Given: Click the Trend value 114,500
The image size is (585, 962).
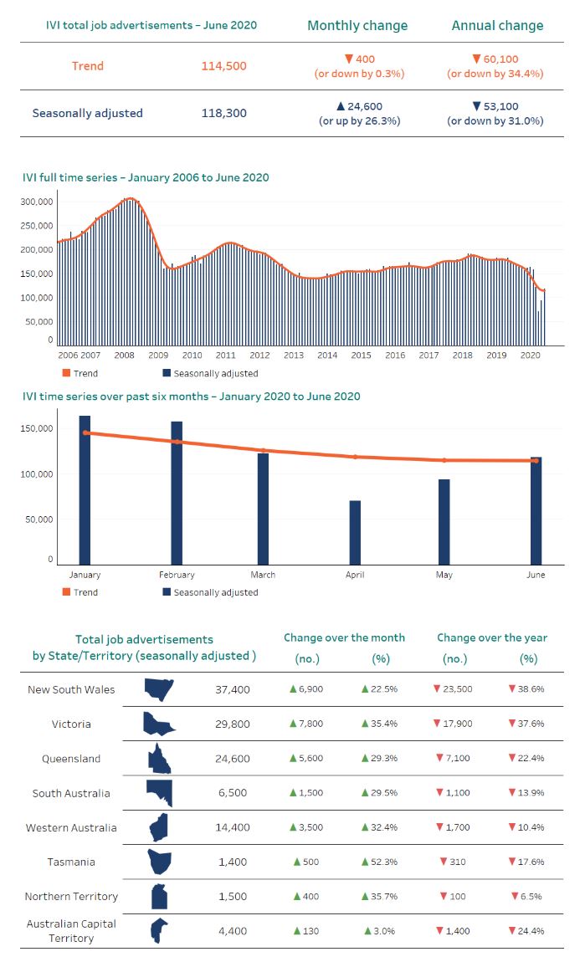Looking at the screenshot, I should [x=223, y=65].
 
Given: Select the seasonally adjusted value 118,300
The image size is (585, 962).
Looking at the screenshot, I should [x=223, y=113].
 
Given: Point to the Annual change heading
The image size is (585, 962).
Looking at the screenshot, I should [x=497, y=25].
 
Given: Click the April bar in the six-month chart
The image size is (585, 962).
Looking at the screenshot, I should [x=355, y=532].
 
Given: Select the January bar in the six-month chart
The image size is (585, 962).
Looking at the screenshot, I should [x=85, y=490].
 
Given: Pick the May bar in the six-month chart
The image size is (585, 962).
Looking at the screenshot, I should [x=444, y=521].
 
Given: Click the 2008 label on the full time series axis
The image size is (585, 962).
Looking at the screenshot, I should [x=124, y=356].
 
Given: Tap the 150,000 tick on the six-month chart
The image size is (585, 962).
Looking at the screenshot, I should [x=38, y=429].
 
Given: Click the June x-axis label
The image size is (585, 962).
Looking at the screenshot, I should [x=536, y=575].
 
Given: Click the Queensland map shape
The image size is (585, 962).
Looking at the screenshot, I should [x=159, y=758].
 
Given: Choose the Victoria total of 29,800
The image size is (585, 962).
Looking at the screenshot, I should [x=233, y=724].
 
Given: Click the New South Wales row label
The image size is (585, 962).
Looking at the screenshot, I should [x=71, y=690].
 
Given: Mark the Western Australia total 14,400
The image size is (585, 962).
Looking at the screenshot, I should [x=233, y=827].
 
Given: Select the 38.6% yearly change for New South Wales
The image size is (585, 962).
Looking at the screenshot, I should [x=526, y=690].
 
